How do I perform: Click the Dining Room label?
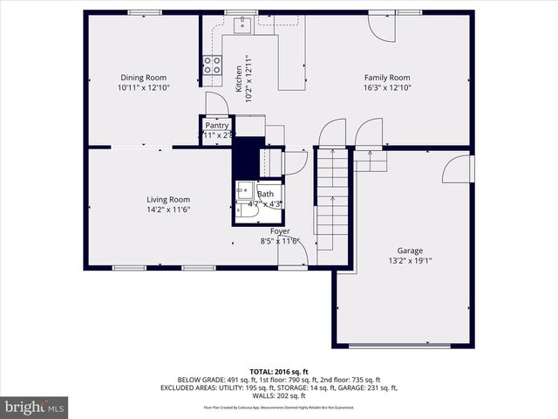143,78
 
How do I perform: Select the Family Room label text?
386,78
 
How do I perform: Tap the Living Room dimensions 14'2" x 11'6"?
167,209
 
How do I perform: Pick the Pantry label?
217,126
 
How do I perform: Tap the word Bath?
265,194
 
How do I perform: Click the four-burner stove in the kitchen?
212,64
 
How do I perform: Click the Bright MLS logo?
35,408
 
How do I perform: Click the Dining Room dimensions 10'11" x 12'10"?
143,88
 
